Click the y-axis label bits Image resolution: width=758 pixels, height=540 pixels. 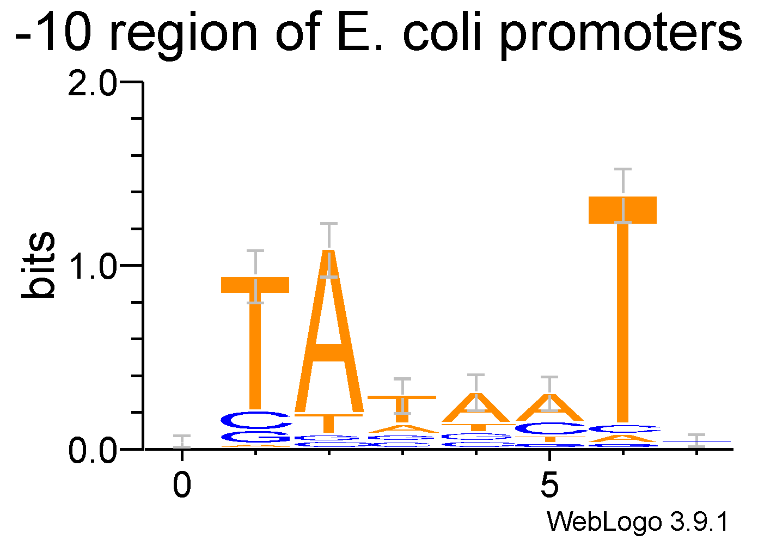tap(39, 265)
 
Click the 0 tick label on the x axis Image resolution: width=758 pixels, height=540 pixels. tap(182, 485)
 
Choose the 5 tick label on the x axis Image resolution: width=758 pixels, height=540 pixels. tap(549, 485)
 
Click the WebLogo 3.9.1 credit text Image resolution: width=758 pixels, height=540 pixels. tap(637, 522)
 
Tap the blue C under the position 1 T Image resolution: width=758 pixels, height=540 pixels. tap(255, 420)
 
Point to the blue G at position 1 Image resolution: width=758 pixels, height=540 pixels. tap(255, 437)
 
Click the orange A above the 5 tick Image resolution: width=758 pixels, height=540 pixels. tap(549, 408)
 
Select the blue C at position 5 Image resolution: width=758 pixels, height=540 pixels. tap(549, 429)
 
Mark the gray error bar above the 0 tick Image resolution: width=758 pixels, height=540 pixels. tap(182, 441)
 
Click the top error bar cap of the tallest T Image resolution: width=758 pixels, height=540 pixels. tap(623, 170)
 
